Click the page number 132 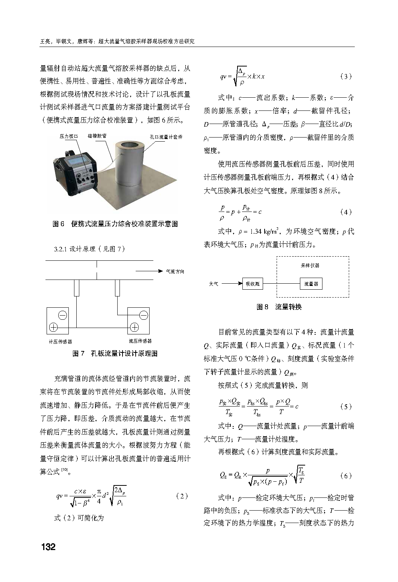point(48,547)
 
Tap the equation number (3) point(345,76)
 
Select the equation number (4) point(345,212)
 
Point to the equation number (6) point(345,476)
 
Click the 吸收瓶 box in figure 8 point(252,284)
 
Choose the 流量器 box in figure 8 point(311,284)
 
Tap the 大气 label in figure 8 point(213,284)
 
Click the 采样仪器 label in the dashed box point(310,265)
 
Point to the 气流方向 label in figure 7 point(175,271)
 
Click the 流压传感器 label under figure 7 point(140,341)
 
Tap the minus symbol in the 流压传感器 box point(144,315)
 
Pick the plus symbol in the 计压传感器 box point(53,327)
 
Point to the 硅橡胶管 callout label point(97,137)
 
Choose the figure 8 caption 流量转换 point(279,307)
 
